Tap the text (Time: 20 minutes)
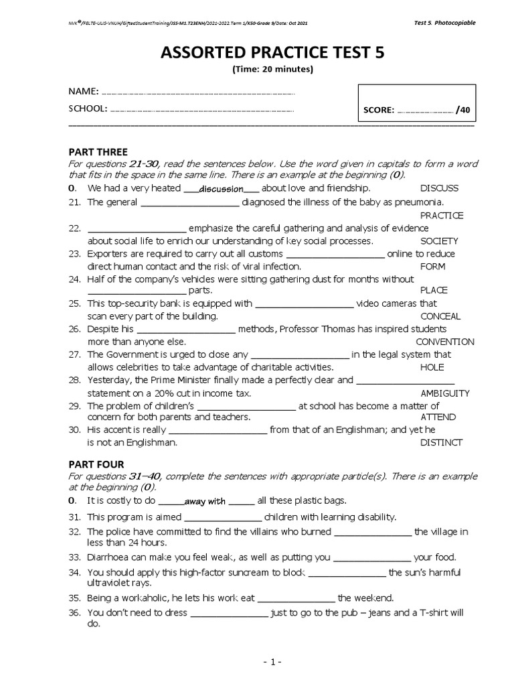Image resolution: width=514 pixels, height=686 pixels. [272, 69]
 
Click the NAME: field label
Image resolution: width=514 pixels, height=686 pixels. [83, 91]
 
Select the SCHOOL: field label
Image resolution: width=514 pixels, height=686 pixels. [88, 109]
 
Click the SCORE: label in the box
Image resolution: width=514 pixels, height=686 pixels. [378, 110]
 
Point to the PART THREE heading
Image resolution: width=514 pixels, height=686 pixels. [98, 152]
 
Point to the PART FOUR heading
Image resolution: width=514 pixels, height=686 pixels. [96, 464]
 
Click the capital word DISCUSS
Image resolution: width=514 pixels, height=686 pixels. [440, 188]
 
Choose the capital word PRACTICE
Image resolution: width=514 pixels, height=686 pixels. [442, 215]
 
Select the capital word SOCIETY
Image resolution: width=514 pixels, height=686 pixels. [439, 241]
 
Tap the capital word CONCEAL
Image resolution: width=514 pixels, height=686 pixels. [440, 316]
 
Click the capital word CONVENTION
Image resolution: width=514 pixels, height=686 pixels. [444, 342]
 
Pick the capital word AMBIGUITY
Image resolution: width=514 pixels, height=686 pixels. [445, 393]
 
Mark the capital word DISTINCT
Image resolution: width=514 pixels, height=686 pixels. [441, 442]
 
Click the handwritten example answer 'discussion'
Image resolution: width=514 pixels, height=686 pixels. [221, 189]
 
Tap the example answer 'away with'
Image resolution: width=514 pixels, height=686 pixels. [205, 501]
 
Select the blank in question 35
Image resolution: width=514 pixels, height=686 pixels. [296, 598]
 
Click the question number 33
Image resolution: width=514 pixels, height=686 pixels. [74, 557]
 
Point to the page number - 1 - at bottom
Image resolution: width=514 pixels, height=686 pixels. [272, 662]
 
